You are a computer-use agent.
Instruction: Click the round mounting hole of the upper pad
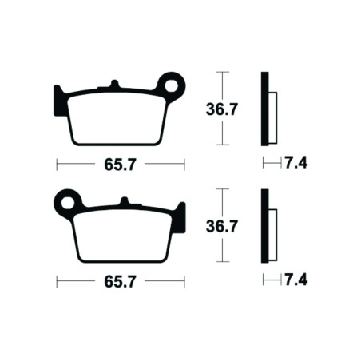pos(169,82)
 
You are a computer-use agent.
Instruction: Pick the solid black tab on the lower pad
pos(180,215)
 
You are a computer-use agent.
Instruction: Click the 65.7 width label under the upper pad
pos(120,165)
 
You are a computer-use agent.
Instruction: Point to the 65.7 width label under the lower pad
pos(120,281)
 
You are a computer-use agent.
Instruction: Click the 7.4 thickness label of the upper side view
pos(296,164)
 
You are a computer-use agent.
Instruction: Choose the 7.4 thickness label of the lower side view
pos(296,280)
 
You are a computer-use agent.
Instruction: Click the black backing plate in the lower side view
pos(264,226)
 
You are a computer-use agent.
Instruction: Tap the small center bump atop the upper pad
pos(115,84)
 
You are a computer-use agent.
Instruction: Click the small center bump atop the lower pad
pos(125,200)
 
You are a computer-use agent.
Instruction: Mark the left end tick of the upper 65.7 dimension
pos(57,165)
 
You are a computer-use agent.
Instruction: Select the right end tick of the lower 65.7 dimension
pos(184,281)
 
